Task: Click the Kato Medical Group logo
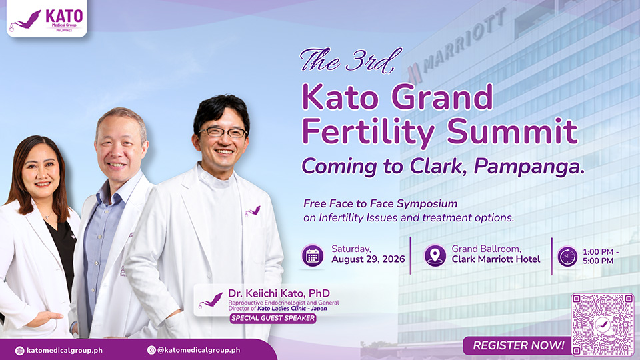[x=47, y=19]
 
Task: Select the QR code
[x=603, y=325]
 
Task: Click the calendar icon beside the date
[x=313, y=256]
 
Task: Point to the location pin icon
[x=435, y=256]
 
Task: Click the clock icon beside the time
[x=567, y=257]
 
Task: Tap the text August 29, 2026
[x=368, y=259]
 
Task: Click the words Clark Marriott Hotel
[x=496, y=259]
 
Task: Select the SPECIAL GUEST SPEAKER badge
[x=273, y=319]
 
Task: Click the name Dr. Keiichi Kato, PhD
[x=279, y=293]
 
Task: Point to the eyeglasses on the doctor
[x=223, y=132]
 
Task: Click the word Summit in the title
[x=512, y=132]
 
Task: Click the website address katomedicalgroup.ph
[x=65, y=350]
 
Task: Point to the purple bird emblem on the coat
[x=253, y=211]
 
